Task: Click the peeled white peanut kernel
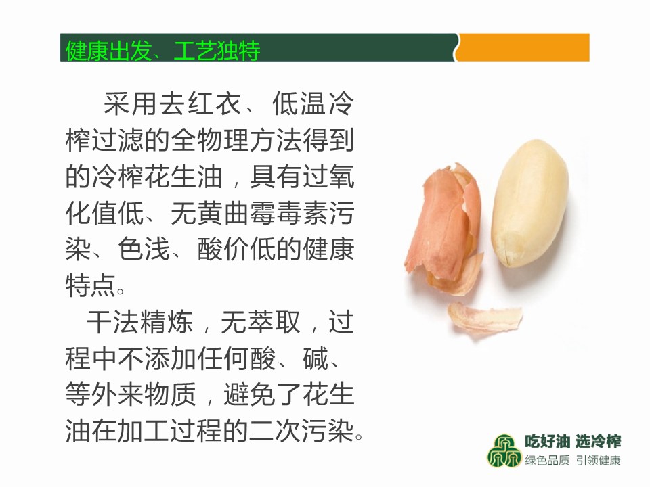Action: (x=529, y=202)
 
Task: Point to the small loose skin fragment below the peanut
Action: (x=485, y=319)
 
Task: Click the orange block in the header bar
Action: (x=523, y=47)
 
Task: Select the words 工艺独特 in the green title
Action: (x=217, y=51)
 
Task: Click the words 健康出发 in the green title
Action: (x=108, y=51)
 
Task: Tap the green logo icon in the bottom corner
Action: (x=504, y=450)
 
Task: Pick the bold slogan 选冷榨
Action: (x=598, y=442)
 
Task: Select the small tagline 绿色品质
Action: (x=547, y=460)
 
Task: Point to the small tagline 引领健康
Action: (x=598, y=460)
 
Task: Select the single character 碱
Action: (x=316, y=358)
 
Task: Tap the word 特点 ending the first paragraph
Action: (x=91, y=285)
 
